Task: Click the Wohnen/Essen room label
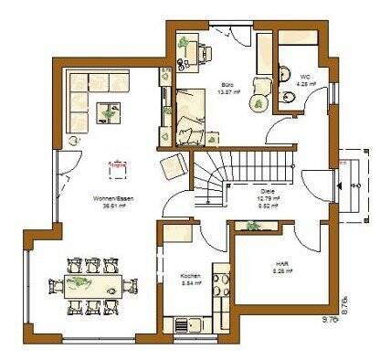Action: pos(110,198)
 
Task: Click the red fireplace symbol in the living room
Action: pos(117,168)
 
